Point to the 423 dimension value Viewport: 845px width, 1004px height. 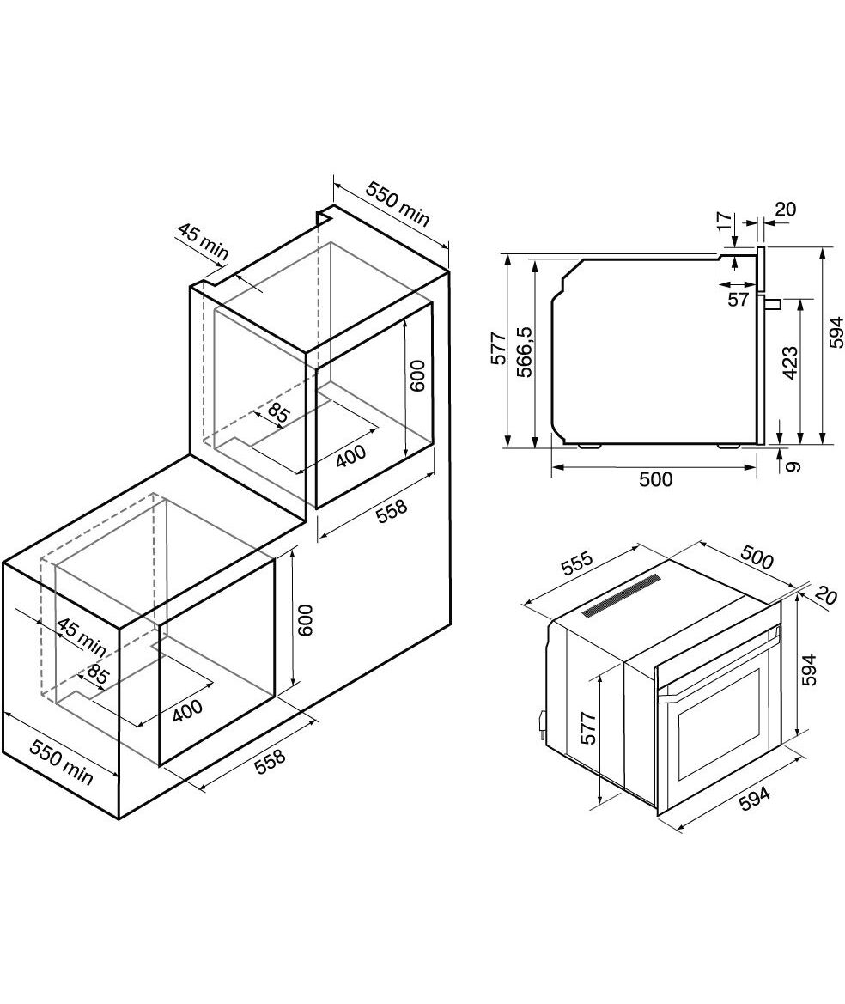[790, 363]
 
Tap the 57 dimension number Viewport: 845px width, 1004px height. [739, 299]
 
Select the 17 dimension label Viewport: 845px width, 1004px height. [724, 221]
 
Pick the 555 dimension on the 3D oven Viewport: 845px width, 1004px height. [577, 563]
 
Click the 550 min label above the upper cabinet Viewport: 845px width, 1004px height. [398, 204]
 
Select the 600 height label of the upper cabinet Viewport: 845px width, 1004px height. [416, 376]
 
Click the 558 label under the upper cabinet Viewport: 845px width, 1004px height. [391, 511]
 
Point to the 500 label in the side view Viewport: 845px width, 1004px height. [655, 479]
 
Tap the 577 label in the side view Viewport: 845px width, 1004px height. [499, 349]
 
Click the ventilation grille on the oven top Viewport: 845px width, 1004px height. [621, 595]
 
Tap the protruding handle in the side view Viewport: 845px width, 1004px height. [771, 302]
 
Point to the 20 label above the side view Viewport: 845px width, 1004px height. [785, 210]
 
